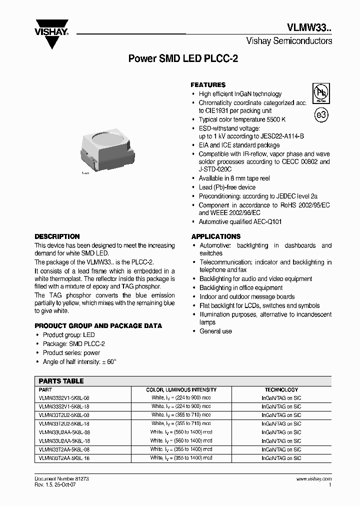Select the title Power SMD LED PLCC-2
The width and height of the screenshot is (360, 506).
click(x=183, y=58)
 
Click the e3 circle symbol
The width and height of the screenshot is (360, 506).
click(x=321, y=115)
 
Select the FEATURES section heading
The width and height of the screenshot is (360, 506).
click(x=208, y=85)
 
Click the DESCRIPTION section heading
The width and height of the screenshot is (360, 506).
click(x=57, y=236)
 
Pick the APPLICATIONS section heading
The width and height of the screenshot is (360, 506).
click(x=215, y=236)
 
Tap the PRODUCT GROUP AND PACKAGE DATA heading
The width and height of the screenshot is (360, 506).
click(x=98, y=326)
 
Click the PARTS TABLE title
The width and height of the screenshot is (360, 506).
click(x=61, y=381)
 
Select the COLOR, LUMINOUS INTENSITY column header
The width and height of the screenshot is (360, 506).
click(x=181, y=389)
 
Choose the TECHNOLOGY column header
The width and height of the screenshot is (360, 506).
click(x=281, y=389)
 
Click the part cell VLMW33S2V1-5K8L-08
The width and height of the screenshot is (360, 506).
click(x=64, y=397)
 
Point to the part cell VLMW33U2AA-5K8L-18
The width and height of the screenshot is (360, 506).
click(x=64, y=440)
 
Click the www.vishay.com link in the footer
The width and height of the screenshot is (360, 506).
click(x=313, y=478)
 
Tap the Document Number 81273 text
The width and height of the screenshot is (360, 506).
click(x=61, y=478)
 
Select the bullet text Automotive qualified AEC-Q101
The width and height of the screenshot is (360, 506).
click(x=240, y=221)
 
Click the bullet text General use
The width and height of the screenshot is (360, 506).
click(x=215, y=331)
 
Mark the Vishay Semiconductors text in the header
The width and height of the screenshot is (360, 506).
click(x=289, y=41)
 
